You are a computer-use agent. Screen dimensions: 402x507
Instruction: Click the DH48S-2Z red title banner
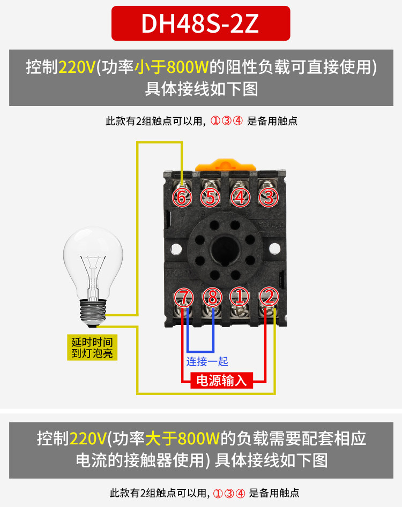(x=200, y=23)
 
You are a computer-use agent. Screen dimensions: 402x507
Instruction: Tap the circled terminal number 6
(x=182, y=198)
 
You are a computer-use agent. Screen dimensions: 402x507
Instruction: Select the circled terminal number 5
(x=211, y=198)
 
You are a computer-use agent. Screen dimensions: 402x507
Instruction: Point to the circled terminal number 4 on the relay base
(x=240, y=198)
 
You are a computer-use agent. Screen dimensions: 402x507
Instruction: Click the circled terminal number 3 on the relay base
(x=268, y=198)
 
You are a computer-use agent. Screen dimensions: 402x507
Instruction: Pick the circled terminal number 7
(x=183, y=296)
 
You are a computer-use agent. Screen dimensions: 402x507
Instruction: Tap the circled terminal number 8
(x=211, y=296)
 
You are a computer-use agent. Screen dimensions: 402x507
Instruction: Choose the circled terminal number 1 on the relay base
(x=240, y=296)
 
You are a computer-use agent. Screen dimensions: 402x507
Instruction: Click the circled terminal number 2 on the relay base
(x=268, y=296)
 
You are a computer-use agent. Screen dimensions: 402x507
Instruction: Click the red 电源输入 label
(x=222, y=381)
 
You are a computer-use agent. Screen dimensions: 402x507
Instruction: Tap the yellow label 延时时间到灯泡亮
(x=93, y=347)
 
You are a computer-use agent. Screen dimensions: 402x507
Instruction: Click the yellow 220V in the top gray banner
(x=77, y=67)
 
